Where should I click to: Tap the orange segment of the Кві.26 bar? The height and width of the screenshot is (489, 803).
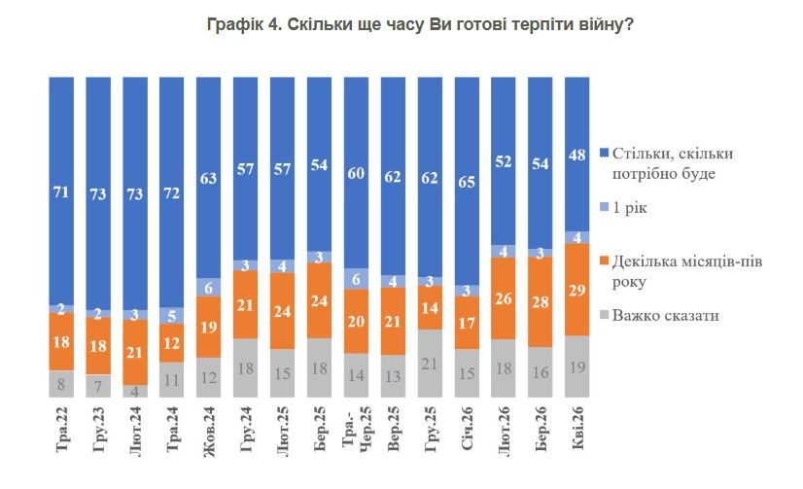click(576, 291)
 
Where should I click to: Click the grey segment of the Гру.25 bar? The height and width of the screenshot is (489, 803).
click(430, 364)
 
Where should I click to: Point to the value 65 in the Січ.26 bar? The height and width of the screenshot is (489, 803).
click(467, 181)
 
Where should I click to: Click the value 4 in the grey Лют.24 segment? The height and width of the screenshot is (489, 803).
click(134, 392)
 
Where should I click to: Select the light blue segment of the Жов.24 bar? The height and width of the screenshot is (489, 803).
click(208, 287)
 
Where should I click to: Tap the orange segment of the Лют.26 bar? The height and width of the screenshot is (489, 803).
click(504, 299)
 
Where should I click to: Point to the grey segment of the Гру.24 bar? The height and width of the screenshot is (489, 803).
click(245, 368)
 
